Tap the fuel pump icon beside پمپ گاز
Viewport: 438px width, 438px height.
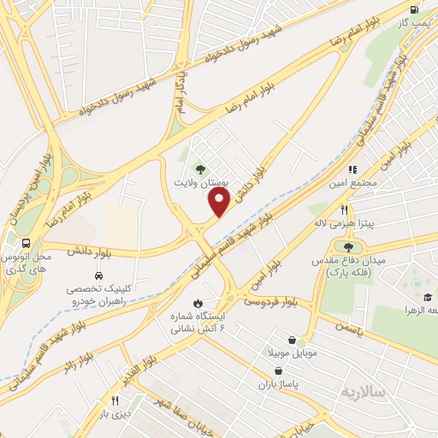pos(415,10)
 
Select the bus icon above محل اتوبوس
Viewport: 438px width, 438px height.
pos(27,243)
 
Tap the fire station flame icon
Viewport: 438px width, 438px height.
pos(198,303)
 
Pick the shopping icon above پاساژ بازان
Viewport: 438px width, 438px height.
pos(279,370)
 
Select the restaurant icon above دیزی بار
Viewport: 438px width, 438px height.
pos(115,400)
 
